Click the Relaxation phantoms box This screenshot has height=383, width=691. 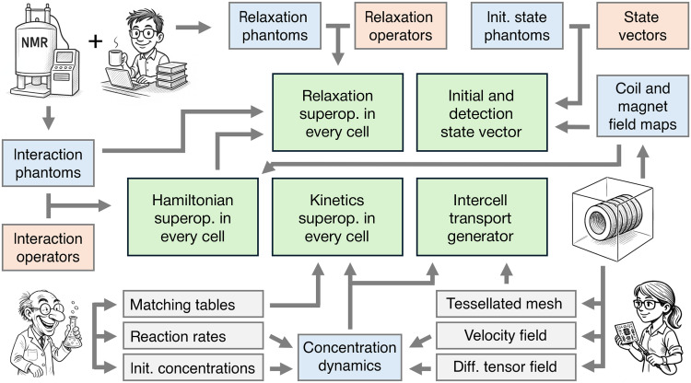[275, 26]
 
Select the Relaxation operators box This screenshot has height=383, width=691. [401, 26]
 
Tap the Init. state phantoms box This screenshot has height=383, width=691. [517, 26]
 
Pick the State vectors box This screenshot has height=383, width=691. [642, 26]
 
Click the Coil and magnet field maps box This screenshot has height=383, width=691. [642, 106]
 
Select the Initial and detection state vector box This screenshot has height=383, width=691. [482, 112]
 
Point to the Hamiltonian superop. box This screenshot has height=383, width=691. [193, 217]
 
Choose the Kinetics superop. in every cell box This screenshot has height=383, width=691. [337, 217]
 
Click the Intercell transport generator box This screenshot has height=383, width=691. [482, 217]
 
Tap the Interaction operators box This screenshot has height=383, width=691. [48, 248]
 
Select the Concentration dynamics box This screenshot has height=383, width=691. [350, 357]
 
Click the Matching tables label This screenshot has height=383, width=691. [182, 305]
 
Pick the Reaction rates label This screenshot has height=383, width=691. [178, 337]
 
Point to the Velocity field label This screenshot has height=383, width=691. [506, 335]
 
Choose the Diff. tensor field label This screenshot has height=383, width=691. [505, 366]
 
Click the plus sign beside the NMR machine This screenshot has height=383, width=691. [95, 41]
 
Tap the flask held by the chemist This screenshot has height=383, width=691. [72, 333]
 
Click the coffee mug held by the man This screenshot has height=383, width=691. [116, 58]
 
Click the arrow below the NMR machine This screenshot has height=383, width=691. [49, 117]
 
